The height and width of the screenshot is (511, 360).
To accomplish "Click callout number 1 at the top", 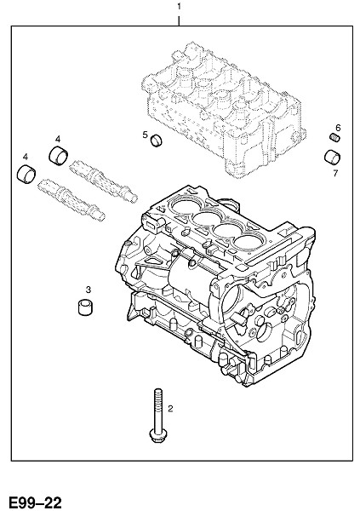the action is click(x=179, y=7).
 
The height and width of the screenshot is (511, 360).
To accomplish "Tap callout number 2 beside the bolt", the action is click(x=170, y=408).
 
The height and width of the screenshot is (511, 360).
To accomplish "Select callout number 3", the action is click(x=88, y=289).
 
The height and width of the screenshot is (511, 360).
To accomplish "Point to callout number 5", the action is click(x=145, y=135).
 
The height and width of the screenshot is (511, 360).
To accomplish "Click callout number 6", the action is click(x=338, y=128).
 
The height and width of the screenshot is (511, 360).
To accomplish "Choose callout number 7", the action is click(x=335, y=173).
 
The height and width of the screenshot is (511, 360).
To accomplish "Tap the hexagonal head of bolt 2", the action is click(x=157, y=436).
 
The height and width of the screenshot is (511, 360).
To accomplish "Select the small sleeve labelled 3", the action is click(x=85, y=307).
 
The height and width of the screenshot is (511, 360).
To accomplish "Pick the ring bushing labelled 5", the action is click(x=157, y=141).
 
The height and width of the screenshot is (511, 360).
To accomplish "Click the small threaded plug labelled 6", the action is click(x=334, y=137).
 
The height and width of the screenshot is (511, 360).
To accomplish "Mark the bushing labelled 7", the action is click(x=332, y=157).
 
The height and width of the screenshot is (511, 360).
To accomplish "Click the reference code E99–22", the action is click(x=35, y=502).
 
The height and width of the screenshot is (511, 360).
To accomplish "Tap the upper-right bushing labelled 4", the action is click(x=59, y=155).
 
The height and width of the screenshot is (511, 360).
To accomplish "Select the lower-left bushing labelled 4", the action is click(x=26, y=174).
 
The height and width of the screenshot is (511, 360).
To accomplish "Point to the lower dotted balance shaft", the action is click(x=71, y=200).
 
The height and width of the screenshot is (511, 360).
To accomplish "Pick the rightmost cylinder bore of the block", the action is click(x=248, y=243).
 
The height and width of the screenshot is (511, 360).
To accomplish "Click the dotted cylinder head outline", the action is click(x=224, y=110).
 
